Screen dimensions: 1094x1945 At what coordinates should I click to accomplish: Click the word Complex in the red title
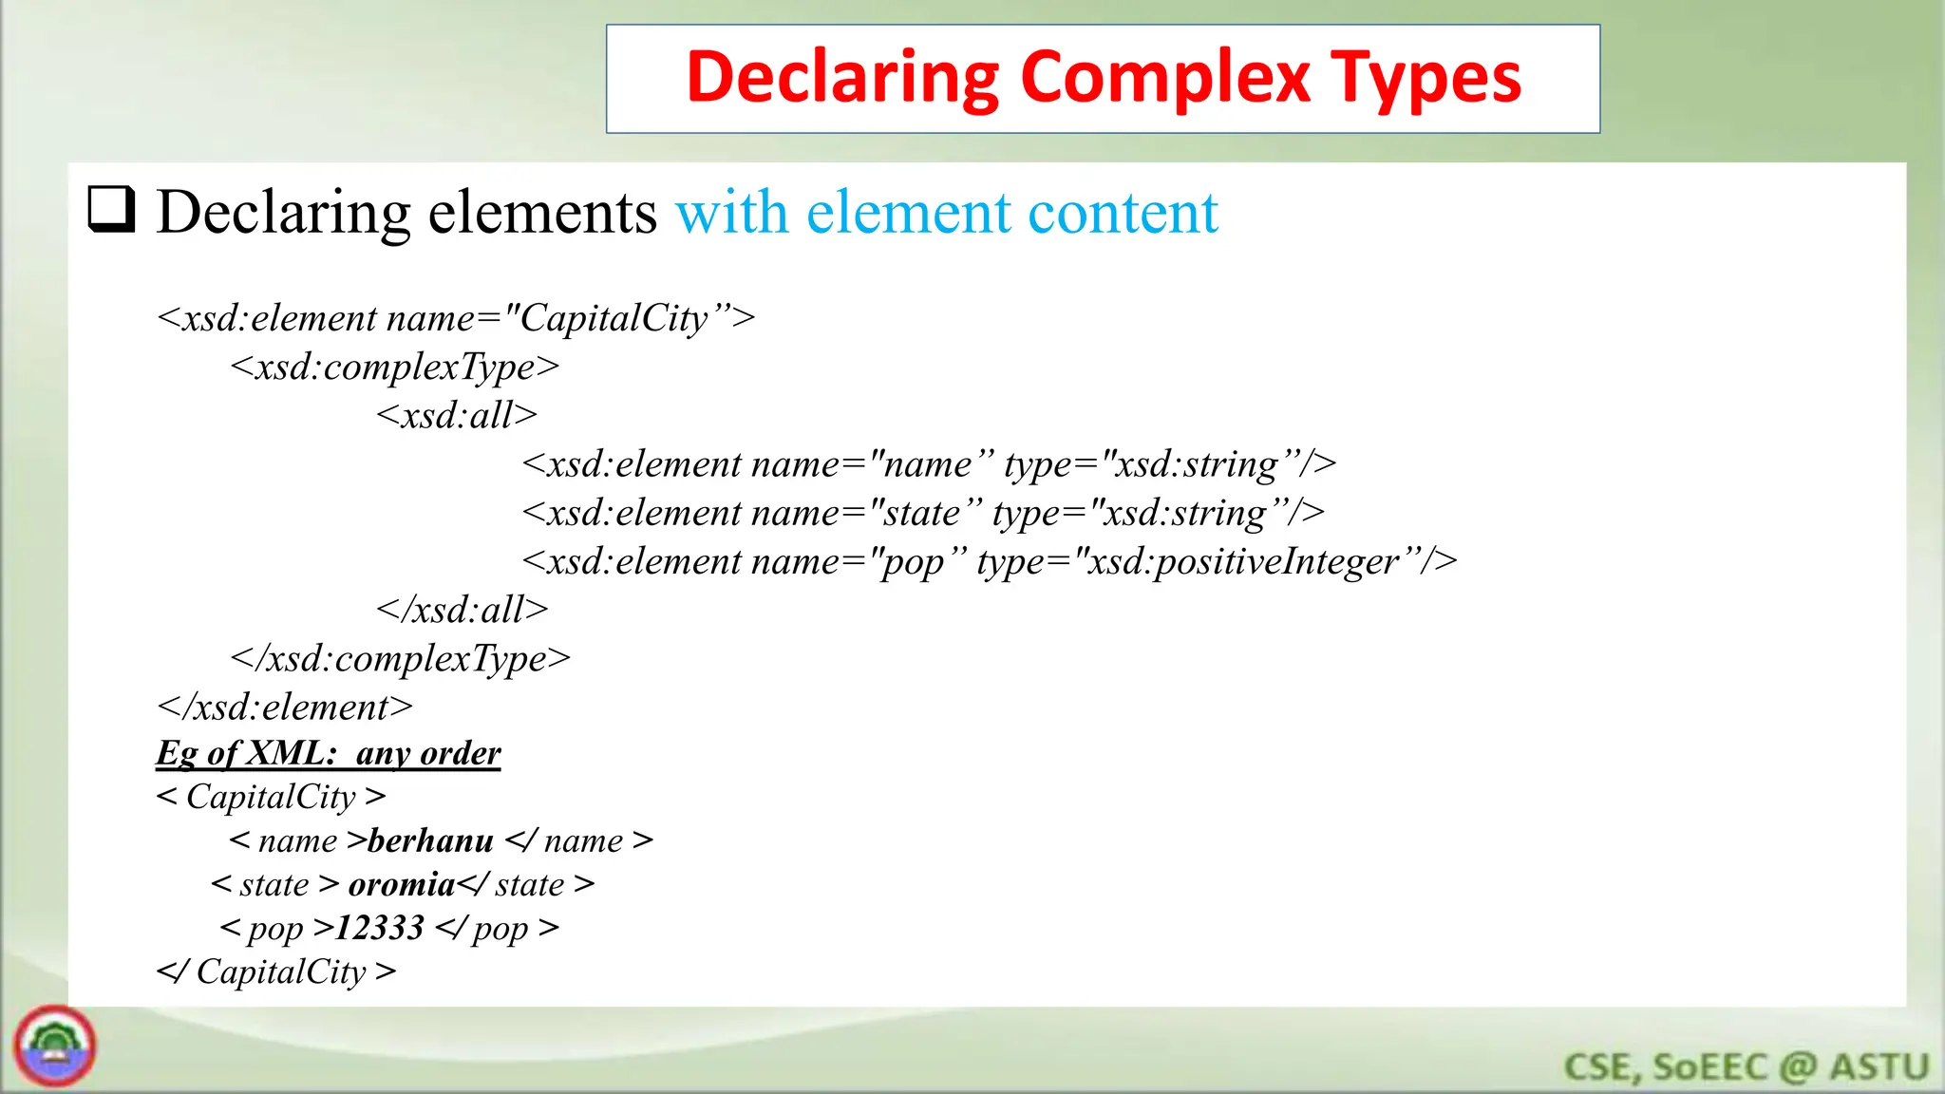(x=1164, y=79)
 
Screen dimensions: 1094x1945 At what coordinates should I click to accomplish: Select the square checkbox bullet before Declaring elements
(x=111, y=209)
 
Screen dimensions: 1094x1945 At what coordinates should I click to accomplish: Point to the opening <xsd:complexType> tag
(x=394, y=367)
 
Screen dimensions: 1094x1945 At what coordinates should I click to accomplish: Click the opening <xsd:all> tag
(x=457, y=415)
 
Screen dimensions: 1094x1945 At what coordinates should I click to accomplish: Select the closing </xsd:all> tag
(x=463, y=610)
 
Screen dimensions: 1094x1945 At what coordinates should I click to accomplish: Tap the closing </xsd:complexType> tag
(x=400, y=658)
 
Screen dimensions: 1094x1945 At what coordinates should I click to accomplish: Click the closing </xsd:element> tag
(x=285, y=707)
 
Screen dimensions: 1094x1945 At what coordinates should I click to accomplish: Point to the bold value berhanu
(x=430, y=840)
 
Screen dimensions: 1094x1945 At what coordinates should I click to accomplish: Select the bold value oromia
(x=402, y=884)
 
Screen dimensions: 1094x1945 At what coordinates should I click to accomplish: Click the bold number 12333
(x=380, y=928)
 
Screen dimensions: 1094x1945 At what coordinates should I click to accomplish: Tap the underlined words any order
(x=428, y=753)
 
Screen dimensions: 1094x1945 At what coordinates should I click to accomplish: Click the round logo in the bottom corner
(x=55, y=1047)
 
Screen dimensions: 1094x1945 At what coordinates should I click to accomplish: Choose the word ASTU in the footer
(x=1879, y=1066)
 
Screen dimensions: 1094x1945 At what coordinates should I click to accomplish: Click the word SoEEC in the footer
(x=1710, y=1066)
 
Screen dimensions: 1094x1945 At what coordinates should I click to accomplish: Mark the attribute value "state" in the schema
(x=920, y=513)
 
